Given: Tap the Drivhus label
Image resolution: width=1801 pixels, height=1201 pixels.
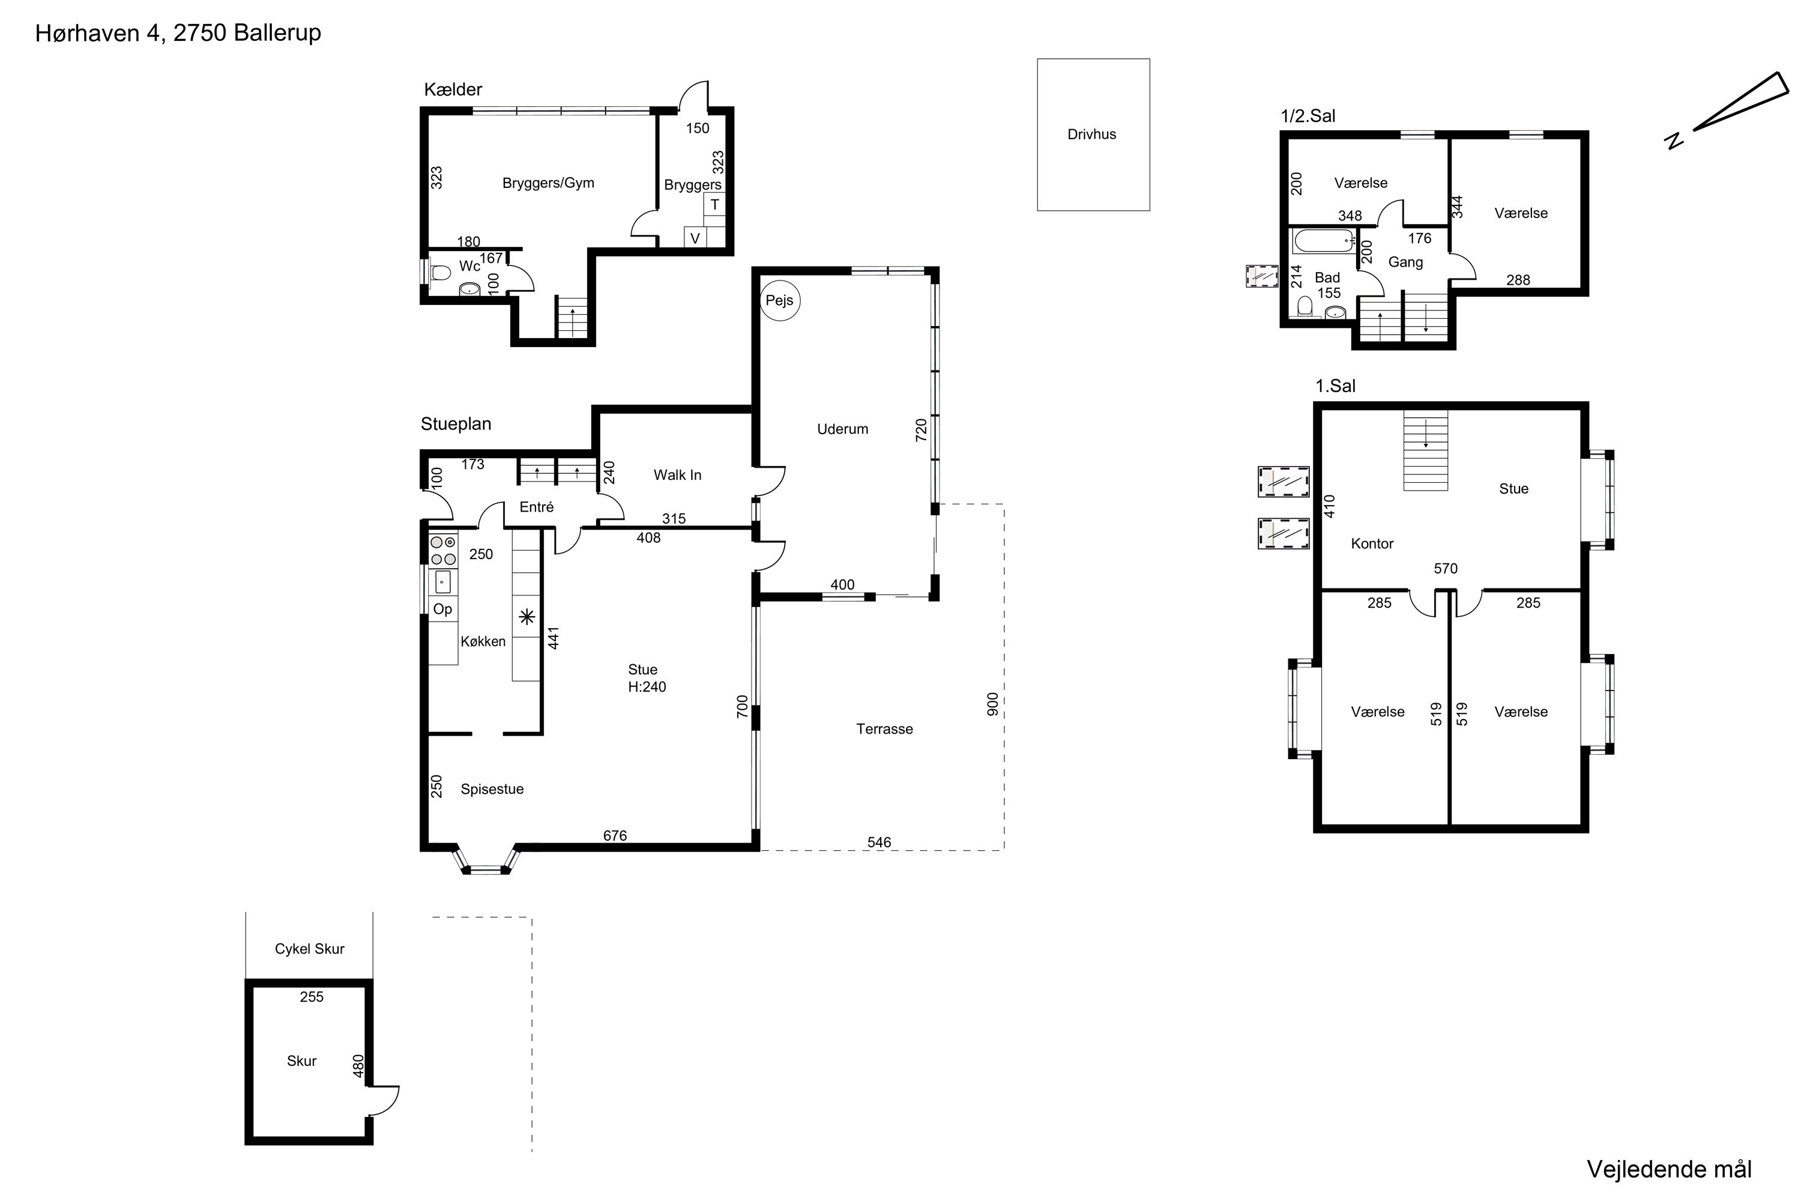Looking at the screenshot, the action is click(1091, 135).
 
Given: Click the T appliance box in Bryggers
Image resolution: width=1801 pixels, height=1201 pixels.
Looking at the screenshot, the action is click(714, 205).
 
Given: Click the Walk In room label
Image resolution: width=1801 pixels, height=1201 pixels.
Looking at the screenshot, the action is click(677, 475).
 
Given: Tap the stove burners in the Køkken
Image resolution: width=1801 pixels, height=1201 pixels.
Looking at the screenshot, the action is click(442, 551).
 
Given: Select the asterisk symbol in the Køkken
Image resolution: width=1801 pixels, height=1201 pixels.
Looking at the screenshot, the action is click(526, 617).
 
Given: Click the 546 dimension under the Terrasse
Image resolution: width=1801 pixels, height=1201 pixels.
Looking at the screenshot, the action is click(879, 843).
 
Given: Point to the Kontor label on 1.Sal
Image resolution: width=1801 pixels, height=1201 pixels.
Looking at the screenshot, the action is click(1372, 544).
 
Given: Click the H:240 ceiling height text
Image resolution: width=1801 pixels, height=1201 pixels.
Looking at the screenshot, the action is click(647, 687).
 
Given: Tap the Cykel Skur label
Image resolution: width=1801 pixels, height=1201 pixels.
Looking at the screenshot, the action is click(309, 949).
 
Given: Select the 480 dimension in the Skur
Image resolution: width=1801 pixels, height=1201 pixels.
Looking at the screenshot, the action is click(358, 1066).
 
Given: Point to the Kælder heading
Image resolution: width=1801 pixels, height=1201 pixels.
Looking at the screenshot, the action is click(453, 89).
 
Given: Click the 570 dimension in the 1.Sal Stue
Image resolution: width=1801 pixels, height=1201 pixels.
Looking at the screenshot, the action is click(1446, 568).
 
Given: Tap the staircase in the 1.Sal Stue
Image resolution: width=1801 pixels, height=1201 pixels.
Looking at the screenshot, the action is click(1426, 450).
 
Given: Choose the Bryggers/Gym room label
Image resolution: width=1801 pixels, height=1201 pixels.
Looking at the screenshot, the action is click(548, 183).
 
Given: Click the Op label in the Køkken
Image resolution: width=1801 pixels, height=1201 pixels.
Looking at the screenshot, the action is click(442, 610).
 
